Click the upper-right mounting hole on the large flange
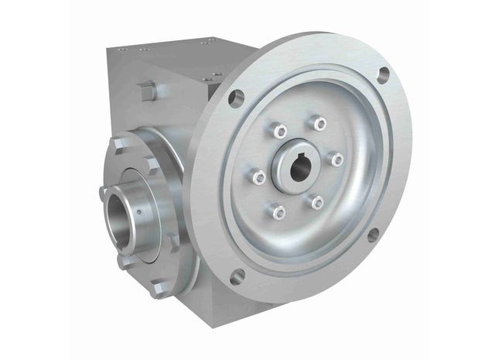(x=383, y=74)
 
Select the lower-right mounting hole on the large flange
(x=372, y=235)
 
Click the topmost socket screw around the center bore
(x=319, y=122)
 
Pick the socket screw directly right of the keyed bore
(x=337, y=158)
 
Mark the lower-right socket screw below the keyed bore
(x=316, y=201)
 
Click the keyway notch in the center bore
(x=300, y=160)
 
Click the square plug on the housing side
(x=146, y=91)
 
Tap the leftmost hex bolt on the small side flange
(x=105, y=191)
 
